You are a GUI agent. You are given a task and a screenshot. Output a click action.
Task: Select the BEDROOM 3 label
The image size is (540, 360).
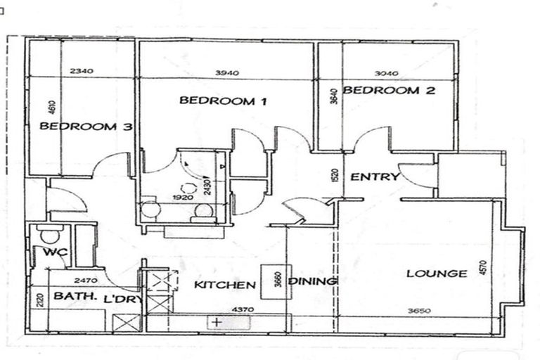coord(86,127)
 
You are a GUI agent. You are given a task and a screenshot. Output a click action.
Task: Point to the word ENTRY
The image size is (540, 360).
coord(375,176)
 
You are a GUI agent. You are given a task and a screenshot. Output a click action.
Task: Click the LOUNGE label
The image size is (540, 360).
coord(436,274)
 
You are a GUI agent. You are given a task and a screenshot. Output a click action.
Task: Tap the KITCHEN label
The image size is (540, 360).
coord(224,285)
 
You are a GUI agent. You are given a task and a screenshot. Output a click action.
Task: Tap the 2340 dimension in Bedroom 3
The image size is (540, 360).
coord(83,70)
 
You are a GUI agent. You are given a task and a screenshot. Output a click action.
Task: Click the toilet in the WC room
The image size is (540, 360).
coord(49,233)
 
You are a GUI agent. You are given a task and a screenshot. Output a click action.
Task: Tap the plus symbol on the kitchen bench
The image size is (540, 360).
coord(217,321)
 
